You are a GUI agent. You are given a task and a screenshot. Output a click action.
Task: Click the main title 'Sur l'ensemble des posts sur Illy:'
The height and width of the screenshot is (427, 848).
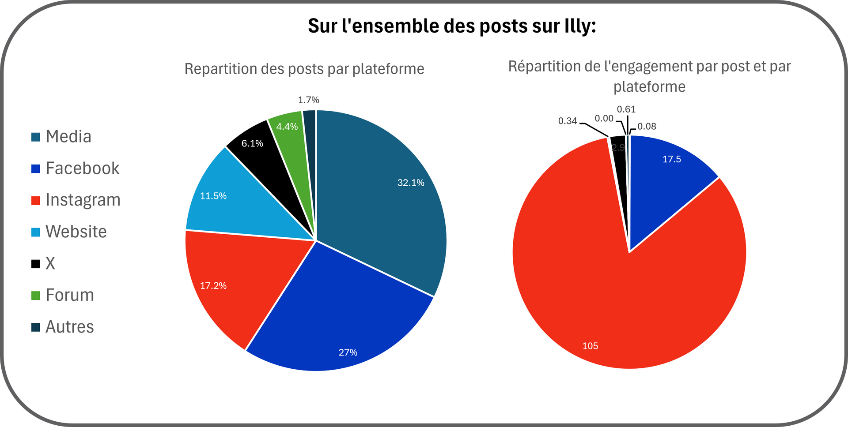pos(451,26)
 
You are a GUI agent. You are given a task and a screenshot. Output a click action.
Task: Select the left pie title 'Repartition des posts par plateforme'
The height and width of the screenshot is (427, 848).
pos(304,69)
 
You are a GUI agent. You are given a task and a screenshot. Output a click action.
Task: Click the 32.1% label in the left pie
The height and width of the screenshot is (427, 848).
pos(411,183)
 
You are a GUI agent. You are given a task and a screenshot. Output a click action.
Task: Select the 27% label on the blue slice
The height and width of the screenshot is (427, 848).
pos(348,352)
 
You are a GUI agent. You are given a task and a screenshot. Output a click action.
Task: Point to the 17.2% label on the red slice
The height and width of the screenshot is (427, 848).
pos(213,286)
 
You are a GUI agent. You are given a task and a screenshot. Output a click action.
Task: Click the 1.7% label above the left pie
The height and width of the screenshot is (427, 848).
pos(308,100)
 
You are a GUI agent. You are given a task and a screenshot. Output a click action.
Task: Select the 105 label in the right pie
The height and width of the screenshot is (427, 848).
pos(590,346)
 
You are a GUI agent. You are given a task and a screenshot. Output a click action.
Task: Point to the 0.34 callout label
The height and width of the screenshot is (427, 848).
pos(568,121)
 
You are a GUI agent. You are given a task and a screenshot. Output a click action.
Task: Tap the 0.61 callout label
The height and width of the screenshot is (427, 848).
pos(626,109)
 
